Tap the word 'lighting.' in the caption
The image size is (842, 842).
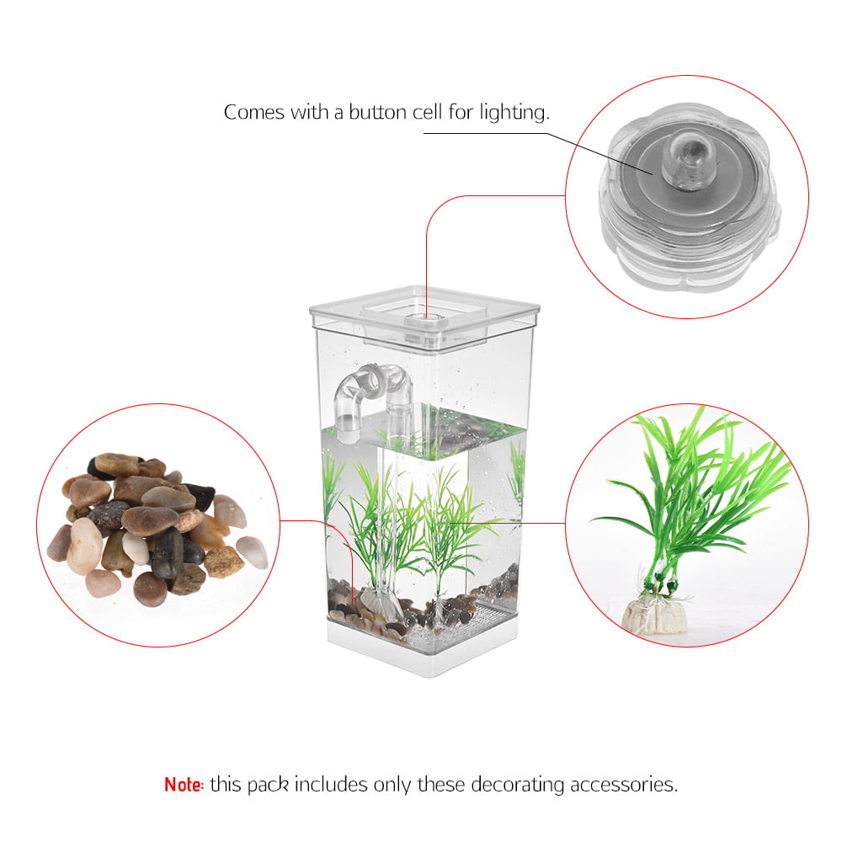tap(511, 113)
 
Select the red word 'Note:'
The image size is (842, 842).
tap(184, 785)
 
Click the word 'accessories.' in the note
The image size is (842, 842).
tap(624, 785)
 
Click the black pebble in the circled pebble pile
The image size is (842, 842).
tap(167, 552)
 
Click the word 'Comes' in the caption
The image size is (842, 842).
tap(254, 112)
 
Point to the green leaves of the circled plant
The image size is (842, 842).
tap(699, 488)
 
